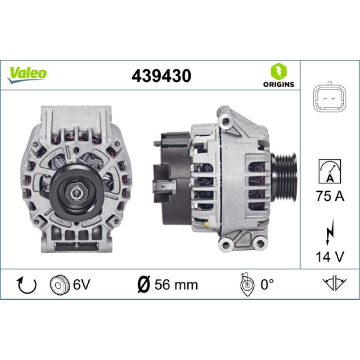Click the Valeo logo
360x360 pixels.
27,75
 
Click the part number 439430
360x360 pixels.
161,76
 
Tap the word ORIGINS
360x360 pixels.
279,84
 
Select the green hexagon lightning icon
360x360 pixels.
279,72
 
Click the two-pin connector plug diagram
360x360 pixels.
330,98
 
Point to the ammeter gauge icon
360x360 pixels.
330,171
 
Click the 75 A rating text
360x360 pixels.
330,196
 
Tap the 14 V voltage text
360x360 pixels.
330,256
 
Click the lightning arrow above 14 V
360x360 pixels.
330,232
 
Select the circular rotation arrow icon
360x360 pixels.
27,285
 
